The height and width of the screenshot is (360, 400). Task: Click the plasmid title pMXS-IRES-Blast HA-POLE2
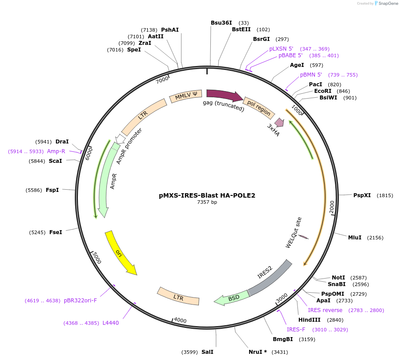tap(207, 195)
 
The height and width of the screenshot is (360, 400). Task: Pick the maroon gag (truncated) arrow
tap(224, 95)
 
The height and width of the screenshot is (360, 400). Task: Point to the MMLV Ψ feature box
tap(186, 96)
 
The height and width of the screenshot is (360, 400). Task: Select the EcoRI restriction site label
tap(323, 91)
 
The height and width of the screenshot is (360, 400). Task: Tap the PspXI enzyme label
tap(362, 195)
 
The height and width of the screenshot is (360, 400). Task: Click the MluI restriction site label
tap(355, 238)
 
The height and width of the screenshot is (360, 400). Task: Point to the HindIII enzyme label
tap(309, 320)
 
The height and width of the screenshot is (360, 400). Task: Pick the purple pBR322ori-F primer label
tap(80, 301)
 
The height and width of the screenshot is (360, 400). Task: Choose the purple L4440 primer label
tap(110, 323)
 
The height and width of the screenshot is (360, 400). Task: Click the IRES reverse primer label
tap(325, 310)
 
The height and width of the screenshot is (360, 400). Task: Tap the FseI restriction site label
tap(55, 232)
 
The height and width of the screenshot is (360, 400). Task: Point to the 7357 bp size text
tap(207, 202)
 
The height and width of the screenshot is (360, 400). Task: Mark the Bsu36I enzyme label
tap(221, 22)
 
